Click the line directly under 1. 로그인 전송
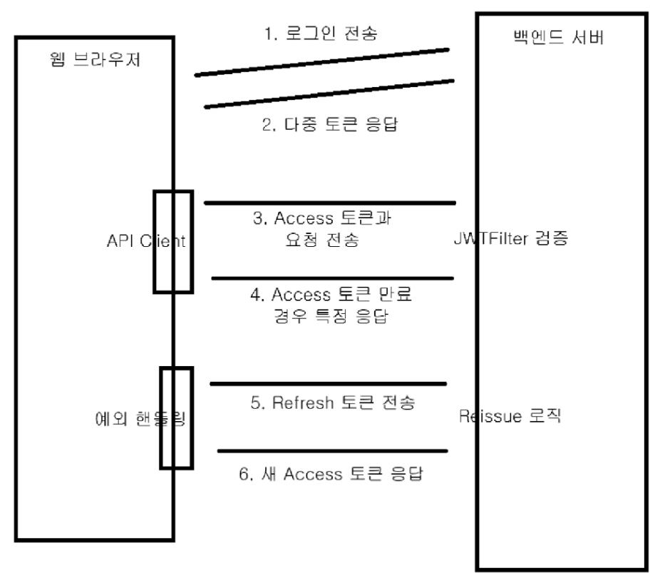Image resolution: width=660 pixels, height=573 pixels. [322, 62]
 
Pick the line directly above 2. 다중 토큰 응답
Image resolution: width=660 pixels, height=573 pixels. [329, 93]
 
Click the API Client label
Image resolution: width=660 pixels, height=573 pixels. [145, 241]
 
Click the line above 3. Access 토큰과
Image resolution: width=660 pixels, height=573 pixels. [329, 203]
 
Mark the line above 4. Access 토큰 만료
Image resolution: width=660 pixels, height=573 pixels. [332, 278]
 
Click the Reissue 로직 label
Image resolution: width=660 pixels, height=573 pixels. [511, 417]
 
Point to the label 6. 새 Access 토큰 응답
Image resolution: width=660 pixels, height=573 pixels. [333, 472]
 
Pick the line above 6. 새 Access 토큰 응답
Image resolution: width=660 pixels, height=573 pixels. [332, 451]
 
